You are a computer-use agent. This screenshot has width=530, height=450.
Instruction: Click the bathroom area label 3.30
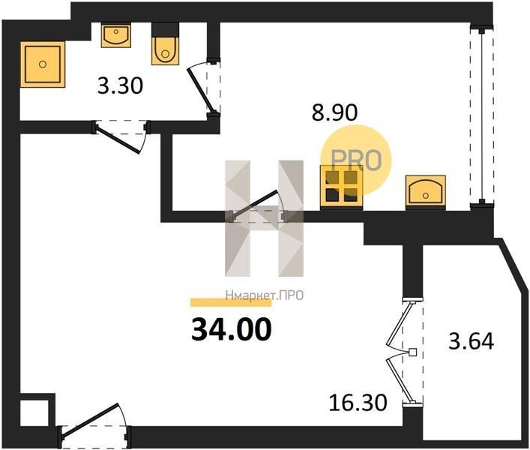[x=121, y=86]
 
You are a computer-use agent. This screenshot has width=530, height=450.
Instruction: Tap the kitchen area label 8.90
[x=334, y=112]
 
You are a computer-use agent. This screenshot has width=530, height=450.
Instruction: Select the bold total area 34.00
[x=231, y=329]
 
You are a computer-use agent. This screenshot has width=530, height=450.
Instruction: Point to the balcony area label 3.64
[x=472, y=341]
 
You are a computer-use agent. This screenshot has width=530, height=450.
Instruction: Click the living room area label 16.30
[x=358, y=403]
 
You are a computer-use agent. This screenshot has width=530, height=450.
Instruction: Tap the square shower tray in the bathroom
[x=43, y=64]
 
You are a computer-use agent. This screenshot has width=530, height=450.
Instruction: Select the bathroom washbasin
[x=116, y=34]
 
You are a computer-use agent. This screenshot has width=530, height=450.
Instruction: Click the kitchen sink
[x=425, y=191]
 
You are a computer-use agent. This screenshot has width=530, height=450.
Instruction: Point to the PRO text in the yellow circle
[x=356, y=160]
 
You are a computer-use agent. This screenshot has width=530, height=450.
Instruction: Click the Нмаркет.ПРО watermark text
[x=265, y=295]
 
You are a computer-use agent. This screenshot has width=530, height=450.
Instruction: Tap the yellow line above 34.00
[x=231, y=302]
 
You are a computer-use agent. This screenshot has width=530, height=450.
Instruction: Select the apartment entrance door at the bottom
[x=94, y=426]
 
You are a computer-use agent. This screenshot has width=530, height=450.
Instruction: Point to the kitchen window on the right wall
[x=482, y=117]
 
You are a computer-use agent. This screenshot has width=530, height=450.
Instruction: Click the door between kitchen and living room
[x=258, y=207]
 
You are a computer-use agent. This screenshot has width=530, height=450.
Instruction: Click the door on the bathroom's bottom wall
[x=121, y=136]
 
